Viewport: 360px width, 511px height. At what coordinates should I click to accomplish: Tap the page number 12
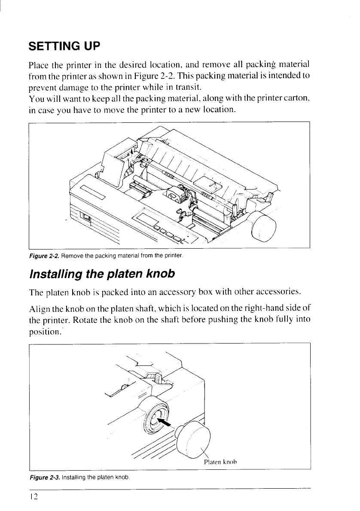pyautogui.click(x=34, y=496)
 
